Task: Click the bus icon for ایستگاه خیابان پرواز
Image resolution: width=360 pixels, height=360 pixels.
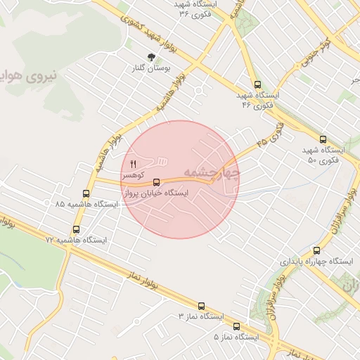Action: click(x=156, y=182)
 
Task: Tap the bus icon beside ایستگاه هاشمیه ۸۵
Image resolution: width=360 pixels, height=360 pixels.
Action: click(x=86, y=193)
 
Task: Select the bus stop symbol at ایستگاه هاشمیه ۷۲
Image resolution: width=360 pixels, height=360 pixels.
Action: click(x=76, y=229)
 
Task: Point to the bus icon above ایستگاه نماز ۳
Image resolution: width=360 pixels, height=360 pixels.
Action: click(x=202, y=306)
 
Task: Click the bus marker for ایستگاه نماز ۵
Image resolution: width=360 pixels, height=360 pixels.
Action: click(x=236, y=326)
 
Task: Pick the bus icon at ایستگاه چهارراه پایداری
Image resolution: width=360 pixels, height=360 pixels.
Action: click(x=316, y=250)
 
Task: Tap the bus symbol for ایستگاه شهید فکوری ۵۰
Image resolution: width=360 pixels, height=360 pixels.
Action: click(x=323, y=139)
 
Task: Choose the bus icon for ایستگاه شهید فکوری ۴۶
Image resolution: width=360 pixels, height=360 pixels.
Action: click(x=257, y=84)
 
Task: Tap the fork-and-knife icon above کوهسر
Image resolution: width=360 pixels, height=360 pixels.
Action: click(x=132, y=163)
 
